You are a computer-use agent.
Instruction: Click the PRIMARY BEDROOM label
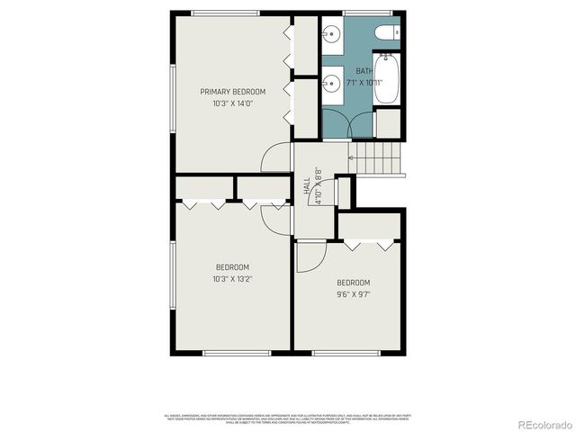pyautogui.click(x=233, y=92)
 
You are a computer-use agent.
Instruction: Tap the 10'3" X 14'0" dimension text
pyautogui.click(x=233, y=103)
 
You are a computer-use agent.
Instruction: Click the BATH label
pyautogui.click(x=364, y=71)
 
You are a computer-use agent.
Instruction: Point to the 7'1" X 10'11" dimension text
pyautogui.click(x=364, y=82)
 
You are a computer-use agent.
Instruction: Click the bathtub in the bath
pyautogui.click(x=387, y=80)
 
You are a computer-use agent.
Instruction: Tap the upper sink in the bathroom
pyautogui.click(x=330, y=37)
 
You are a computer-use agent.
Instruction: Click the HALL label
pyautogui.click(x=307, y=185)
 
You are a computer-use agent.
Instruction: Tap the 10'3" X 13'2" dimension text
pyautogui.click(x=233, y=278)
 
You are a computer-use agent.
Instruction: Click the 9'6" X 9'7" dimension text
pyautogui.click(x=353, y=293)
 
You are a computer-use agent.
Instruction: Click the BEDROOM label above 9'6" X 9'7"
pyautogui.click(x=353, y=283)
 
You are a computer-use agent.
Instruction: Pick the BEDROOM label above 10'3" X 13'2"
pyautogui.click(x=233, y=267)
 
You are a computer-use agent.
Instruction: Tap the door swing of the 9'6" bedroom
pyautogui.click(x=310, y=257)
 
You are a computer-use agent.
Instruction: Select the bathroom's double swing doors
pyautogui.click(x=348, y=124)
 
